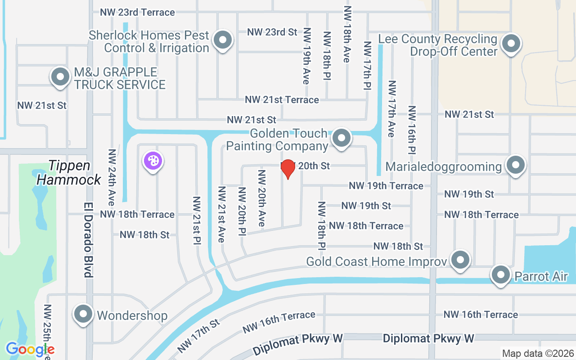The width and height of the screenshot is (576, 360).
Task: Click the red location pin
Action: coord(288,169)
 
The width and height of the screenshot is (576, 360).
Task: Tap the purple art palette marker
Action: coord(153,161)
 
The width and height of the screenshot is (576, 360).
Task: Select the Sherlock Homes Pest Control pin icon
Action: coord(222,40)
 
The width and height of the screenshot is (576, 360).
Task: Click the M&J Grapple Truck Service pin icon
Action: coord(60,77)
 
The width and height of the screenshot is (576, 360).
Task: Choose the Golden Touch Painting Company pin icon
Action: coord(342,138)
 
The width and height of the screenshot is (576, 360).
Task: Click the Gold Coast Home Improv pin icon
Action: coord(460,260)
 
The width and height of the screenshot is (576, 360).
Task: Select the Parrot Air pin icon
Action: coord(500,275)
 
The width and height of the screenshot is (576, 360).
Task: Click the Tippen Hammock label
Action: coord(69,173)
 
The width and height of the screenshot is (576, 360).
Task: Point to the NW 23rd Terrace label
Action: coord(137,12)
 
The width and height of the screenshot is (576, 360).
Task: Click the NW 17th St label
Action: coord(198,335)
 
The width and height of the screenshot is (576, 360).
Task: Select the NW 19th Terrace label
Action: coord(386,186)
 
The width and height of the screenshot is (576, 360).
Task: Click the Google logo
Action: coord(30,349)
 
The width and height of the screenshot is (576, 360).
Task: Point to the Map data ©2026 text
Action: coord(538,354)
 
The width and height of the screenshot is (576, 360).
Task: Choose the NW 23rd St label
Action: coord(272,32)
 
